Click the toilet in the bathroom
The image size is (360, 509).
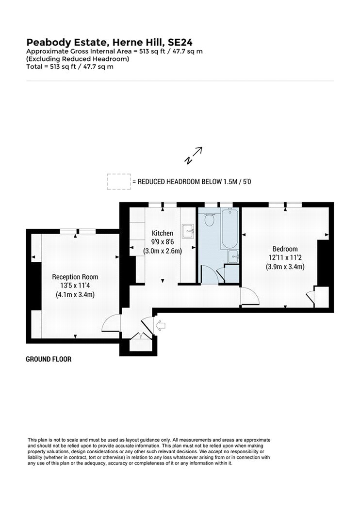click(x=210, y=220)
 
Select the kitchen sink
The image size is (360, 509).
click(x=188, y=231)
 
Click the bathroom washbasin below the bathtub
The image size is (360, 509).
click(x=233, y=256)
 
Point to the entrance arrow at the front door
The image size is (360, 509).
click(x=161, y=325)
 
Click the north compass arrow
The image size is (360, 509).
click(x=194, y=155)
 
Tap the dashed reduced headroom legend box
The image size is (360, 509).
click(x=119, y=181)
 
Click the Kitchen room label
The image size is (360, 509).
click(x=163, y=233)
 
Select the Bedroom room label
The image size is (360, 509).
click(x=285, y=249)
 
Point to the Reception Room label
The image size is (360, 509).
click(x=75, y=277)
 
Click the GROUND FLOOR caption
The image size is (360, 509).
click(x=49, y=359)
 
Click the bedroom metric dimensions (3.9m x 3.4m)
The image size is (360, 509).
click(x=285, y=267)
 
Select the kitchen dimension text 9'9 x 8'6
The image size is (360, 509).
click(x=163, y=242)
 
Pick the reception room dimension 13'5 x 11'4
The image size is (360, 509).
click(x=75, y=286)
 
